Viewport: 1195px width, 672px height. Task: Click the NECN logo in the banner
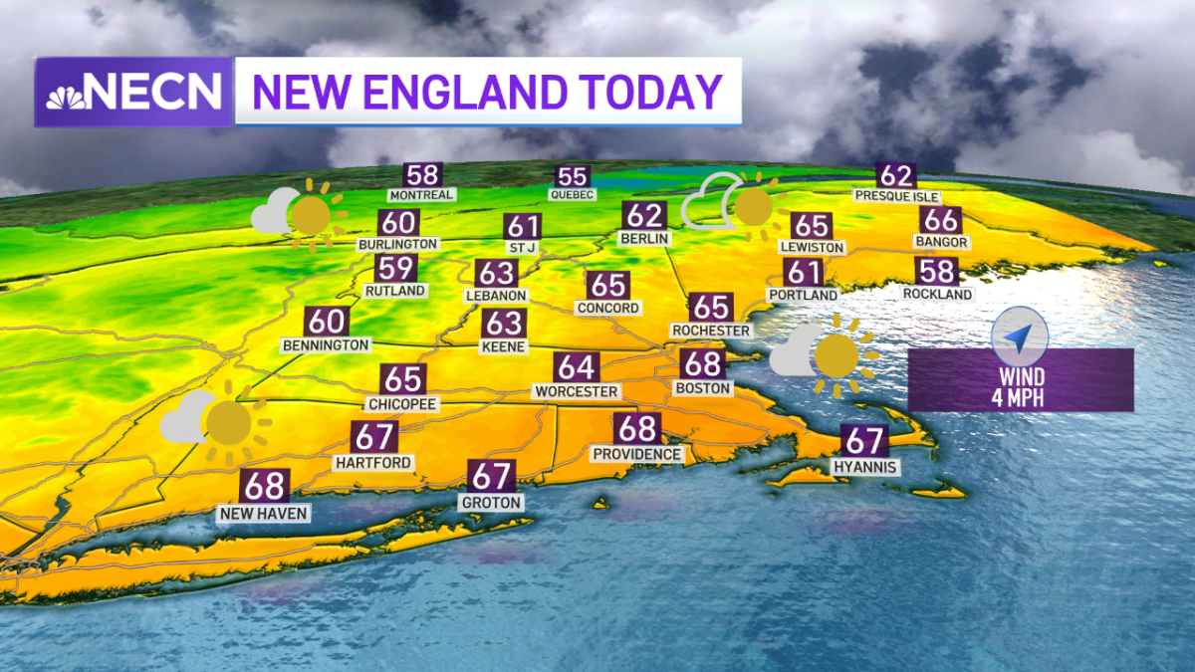pyautogui.click(x=134, y=93)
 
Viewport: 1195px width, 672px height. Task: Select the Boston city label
pyautogui.click(x=703, y=387)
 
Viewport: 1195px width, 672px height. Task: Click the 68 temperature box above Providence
pyautogui.click(x=637, y=429)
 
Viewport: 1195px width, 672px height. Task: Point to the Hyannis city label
pyautogui.click(x=865, y=467)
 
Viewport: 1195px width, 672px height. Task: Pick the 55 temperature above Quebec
pyautogui.click(x=573, y=176)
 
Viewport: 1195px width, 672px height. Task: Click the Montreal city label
pyautogui.click(x=421, y=195)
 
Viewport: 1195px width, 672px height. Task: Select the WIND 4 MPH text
pyautogui.click(x=1021, y=386)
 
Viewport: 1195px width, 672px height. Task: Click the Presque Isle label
pyautogui.click(x=896, y=196)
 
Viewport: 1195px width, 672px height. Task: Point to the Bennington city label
pyautogui.click(x=327, y=344)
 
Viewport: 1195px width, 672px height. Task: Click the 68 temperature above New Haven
pyautogui.click(x=265, y=486)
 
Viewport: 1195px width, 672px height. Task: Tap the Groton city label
pyautogui.click(x=491, y=503)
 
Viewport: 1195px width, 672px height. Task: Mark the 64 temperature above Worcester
pyautogui.click(x=577, y=366)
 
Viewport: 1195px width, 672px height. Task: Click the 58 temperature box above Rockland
pyautogui.click(x=938, y=271)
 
